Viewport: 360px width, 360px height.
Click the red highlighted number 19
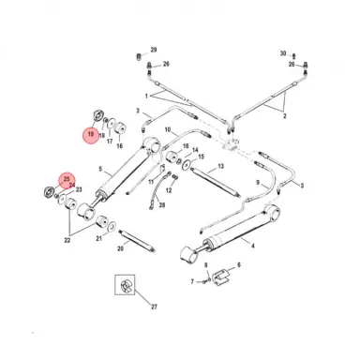90,136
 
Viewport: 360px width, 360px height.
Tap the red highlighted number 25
67,178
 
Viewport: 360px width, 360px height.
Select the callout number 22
67,240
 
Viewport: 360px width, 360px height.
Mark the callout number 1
146,96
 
